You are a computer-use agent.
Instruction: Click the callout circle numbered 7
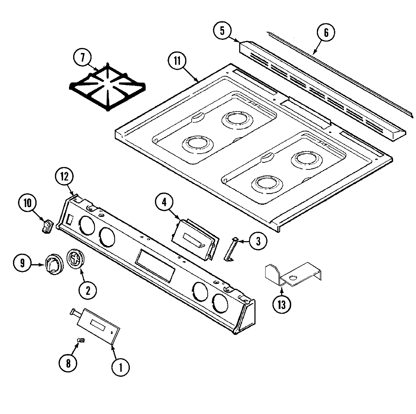pyautogui.click(x=83, y=57)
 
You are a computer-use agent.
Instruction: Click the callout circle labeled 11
pyautogui.click(x=177, y=61)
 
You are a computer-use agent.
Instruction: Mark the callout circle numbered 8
pyautogui.click(x=68, y=363)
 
